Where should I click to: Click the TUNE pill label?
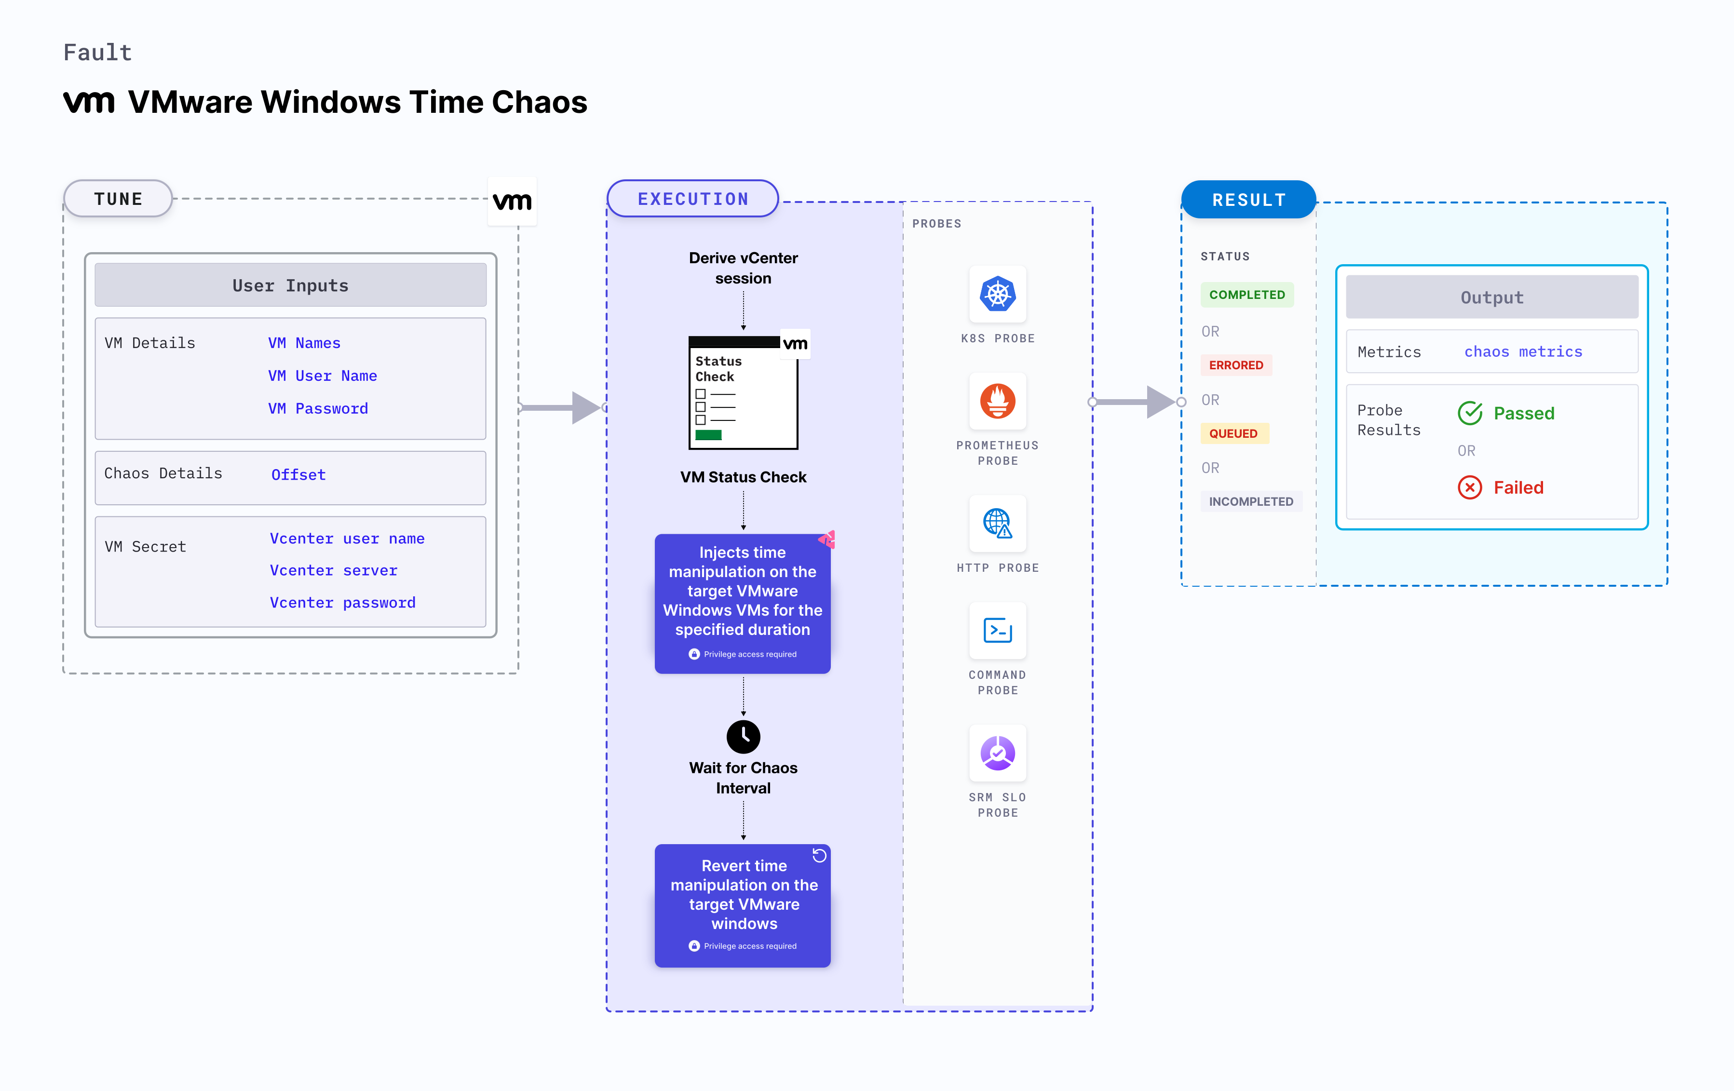[x=118, y=199]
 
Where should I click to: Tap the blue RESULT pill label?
[x=1248, y=200]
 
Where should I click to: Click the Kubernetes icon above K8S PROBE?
[x=997, y=294]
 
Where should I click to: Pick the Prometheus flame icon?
[x=997, y=401]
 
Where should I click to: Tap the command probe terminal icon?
[x=997, y=631]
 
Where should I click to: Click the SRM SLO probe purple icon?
[x=997, y=753]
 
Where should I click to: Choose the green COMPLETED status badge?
[x=1246, y=295]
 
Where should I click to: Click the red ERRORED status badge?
[x=1236, y=365]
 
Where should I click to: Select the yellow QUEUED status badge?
[x=1233, y=433]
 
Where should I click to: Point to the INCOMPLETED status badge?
[x=1251, y=501]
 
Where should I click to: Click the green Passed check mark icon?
[x=1470, y=413]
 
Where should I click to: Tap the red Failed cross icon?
[x=1470, y=487]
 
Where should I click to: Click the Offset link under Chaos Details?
[x=298, y=474]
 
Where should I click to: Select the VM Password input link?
[x=318, y=408]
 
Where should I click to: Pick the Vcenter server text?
[x=333, y=570]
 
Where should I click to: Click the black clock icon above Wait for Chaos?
[x=743, y=736]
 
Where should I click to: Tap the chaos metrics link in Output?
[x=1522, y=351]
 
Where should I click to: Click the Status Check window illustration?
[x=743, y=392]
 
